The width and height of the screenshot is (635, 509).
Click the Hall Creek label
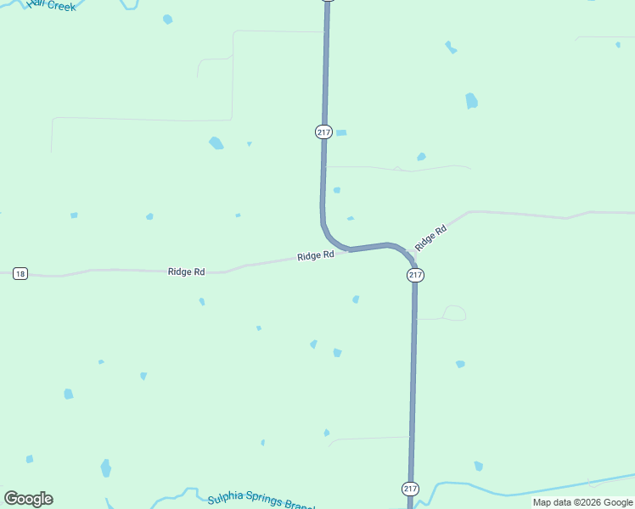point(51,5)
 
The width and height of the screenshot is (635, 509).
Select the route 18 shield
point(20,273)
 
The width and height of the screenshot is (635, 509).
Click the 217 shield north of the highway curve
point(323,131)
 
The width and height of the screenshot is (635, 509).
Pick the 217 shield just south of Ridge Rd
point(415,276)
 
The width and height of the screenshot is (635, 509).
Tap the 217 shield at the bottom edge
point(410,489)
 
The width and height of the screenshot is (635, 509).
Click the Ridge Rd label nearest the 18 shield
point(187,271)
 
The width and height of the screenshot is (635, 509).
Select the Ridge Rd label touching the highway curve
point(315,255)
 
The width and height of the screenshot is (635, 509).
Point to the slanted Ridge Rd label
point(430,238)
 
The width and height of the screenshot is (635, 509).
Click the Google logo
point(28,499)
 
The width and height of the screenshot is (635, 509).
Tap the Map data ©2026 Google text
point(582,502)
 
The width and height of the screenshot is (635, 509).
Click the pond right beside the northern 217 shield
point(341,133)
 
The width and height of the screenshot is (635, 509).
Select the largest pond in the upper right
point(471,101)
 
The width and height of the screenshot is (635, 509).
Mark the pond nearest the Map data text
point(479,466)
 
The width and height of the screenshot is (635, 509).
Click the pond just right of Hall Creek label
point(167,19)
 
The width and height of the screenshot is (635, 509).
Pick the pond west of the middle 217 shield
point(356,299)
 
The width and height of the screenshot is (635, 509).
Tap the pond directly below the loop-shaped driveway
point(460,364)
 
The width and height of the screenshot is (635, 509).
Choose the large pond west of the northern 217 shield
point(216,143)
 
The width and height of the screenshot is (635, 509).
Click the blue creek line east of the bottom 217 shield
point(526,490)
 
